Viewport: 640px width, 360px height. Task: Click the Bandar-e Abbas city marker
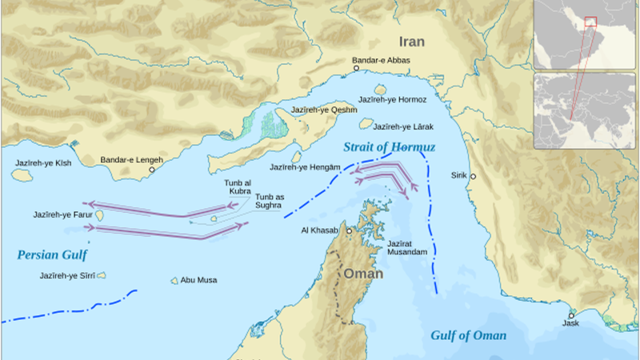[x=357, y=69]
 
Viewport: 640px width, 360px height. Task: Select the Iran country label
[x=413, y=42]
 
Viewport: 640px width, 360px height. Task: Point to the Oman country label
[x=363, y=274]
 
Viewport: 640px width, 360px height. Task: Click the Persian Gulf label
[x=51, y=255]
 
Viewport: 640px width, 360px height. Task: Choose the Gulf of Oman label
[x=467, y=335]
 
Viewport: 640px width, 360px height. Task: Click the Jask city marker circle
[x=571, y=314]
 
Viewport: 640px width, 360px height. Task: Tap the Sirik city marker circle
[x=473, y=176]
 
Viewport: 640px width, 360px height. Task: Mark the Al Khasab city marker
[x=349, y=230]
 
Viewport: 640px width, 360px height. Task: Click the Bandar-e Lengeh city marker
[x=152, y=169]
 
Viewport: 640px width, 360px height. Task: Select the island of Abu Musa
[x=174, y=281]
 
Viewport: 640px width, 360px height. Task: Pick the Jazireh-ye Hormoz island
[x=380, y=90]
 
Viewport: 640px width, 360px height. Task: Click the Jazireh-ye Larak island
[x=366, y=124]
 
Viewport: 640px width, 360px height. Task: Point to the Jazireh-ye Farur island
[x=101, y=215]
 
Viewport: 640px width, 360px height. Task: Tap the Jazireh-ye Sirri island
[x=102, y=275]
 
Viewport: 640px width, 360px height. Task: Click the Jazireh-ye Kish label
[x=42, y=162]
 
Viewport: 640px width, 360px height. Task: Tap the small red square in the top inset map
[x=590, y=22]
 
